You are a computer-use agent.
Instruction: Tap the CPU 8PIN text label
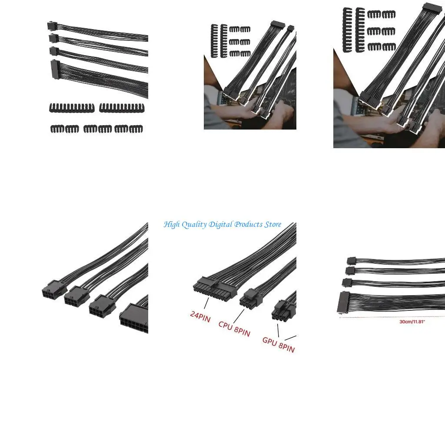coord(234,328)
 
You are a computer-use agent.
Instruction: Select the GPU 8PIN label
coord(278,344)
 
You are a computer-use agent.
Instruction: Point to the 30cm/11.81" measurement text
coord(412,322)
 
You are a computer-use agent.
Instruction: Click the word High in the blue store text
coord(171,225)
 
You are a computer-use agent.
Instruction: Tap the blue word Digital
coord(220,225)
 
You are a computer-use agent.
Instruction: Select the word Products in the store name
coord(248,225)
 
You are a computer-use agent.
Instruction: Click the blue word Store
coord(272,225)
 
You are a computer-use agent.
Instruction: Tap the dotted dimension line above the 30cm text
coord(391,318)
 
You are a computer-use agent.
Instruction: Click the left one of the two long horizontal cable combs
coord(71,108)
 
